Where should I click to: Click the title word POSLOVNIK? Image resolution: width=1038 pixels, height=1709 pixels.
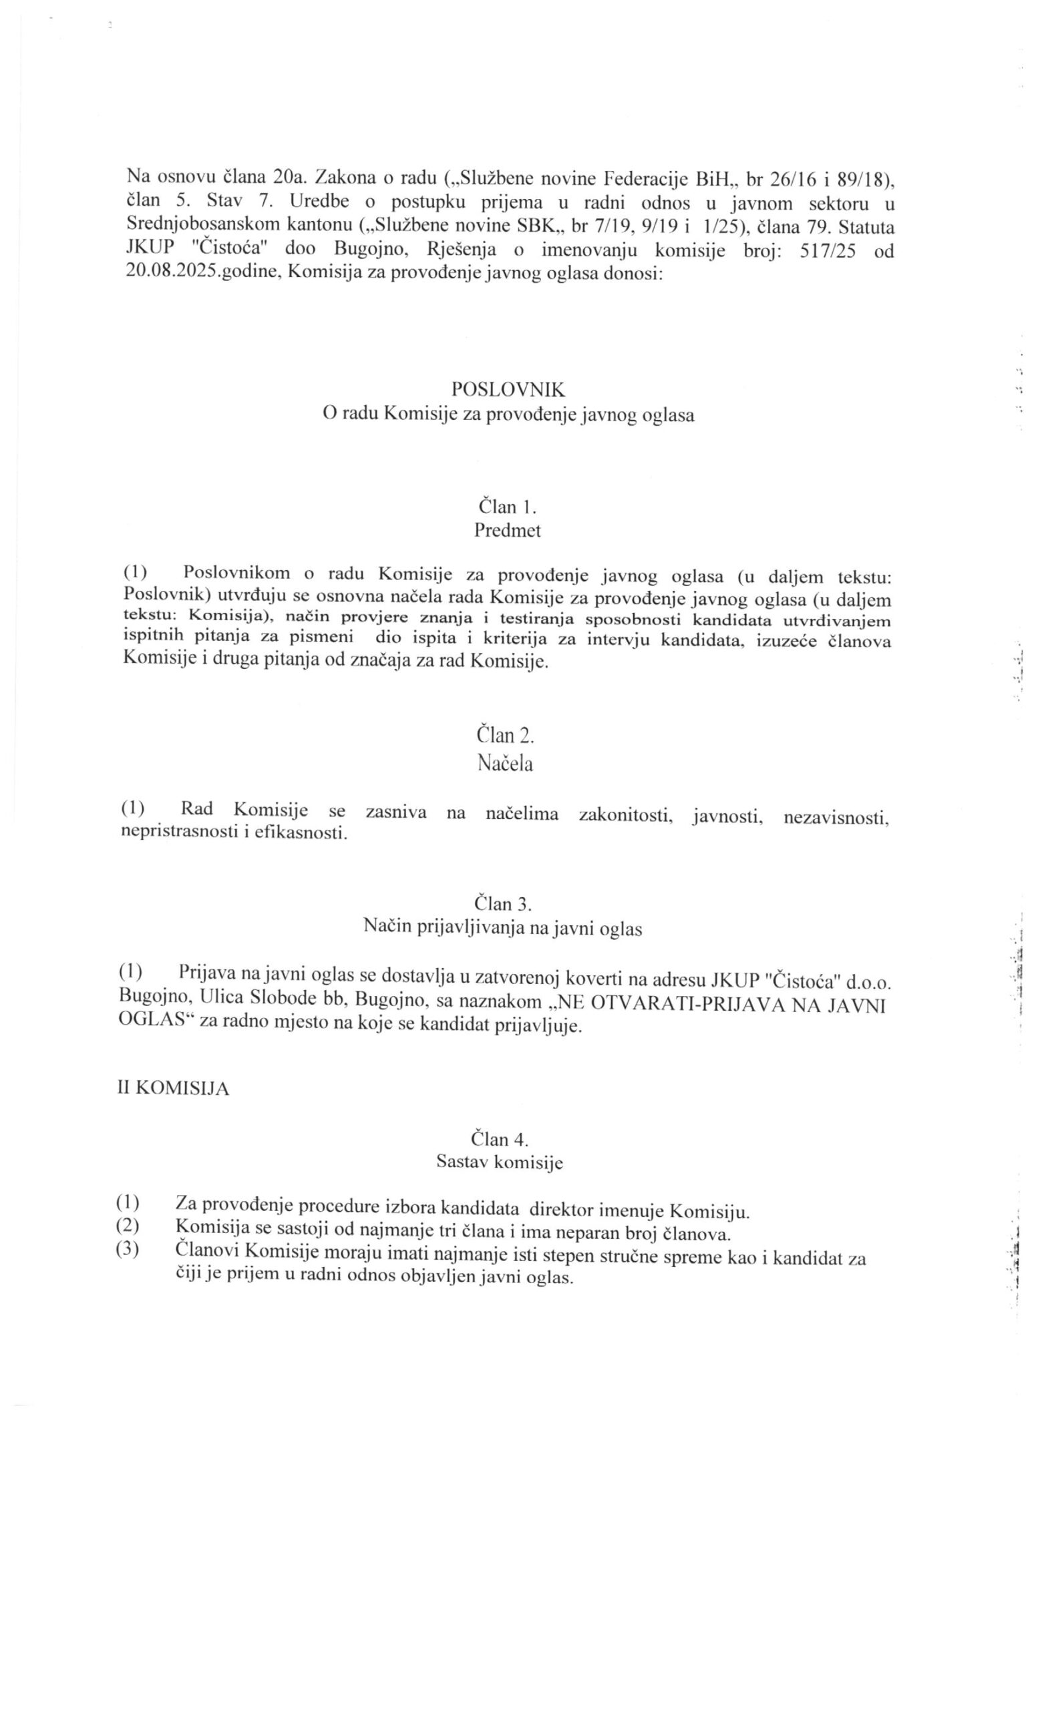[508, 389]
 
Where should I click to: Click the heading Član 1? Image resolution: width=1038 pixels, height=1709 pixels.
[507, 505]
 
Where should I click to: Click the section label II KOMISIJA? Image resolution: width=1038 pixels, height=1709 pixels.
[173, 1088]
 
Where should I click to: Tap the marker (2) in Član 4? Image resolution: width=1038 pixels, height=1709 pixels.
[128, 1224]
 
